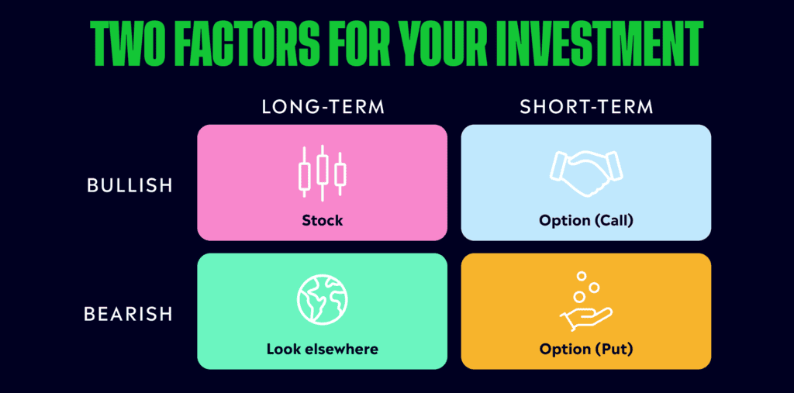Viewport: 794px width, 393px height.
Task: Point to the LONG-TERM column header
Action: [323, 107]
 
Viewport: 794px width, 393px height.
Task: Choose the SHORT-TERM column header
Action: [586, 107]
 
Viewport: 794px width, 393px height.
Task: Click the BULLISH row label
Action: [128, 187]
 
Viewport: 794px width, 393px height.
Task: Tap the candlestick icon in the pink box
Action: [323, 174]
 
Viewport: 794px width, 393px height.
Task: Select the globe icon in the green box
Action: [323, 300]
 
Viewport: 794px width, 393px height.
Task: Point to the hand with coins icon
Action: [585, 302]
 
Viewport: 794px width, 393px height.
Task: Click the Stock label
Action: [323, 221]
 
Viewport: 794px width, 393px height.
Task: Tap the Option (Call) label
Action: [586, 221]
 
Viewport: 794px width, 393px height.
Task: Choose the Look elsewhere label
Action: [323, 349]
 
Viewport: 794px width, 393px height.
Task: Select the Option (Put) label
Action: [586, 349]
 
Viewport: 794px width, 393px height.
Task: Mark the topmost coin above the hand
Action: [581, 276]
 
